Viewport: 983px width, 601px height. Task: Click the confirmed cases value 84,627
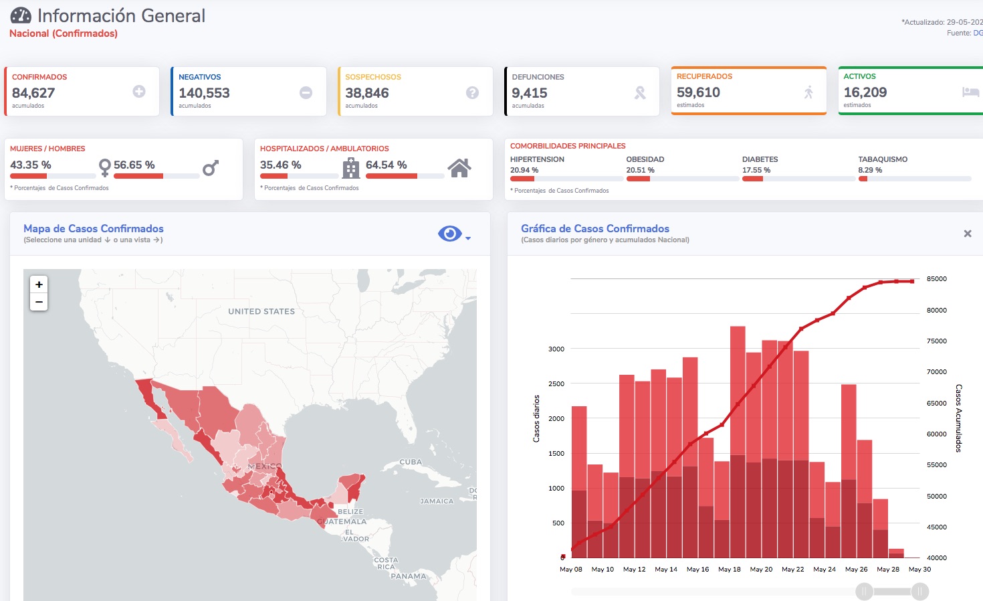pos(33,93)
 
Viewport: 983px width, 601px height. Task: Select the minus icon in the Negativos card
pos(306,93)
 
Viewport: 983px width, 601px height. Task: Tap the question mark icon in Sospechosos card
pos(472,93)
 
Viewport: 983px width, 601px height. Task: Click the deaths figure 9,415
pos(529,93)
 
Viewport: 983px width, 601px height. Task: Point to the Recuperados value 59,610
pos(698,92)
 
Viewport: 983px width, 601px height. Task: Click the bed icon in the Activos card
pos(971,92)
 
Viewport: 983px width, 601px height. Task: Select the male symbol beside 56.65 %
pos(211,167)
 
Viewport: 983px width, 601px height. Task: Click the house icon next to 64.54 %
pos(459,168)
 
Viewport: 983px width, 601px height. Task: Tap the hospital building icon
pos(350,168)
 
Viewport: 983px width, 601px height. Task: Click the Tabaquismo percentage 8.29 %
pos(870,170)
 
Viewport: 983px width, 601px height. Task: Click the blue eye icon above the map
pos(450,234)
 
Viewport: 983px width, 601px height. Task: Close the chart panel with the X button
pos(968,234)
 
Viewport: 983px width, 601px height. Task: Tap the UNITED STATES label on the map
pos(261,311)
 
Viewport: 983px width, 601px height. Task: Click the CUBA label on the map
pos(411,462)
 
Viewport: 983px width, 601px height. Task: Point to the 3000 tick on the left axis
pos(556,349)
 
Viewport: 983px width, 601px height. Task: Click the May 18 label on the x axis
pos(730,570)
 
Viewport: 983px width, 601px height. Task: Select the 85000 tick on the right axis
pos(936,278)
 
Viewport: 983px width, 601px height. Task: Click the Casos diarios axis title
pos(536,418)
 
